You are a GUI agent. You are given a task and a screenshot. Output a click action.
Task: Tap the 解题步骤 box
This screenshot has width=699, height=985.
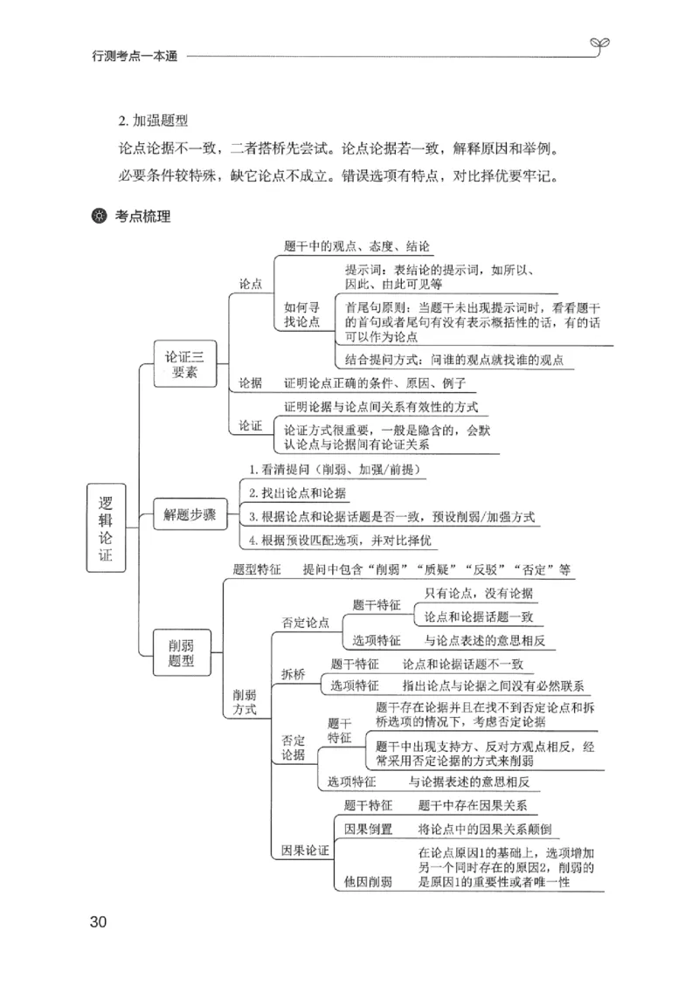click(190, 513)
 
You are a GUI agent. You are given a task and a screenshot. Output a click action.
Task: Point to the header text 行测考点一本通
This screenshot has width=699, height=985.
click(135, 56)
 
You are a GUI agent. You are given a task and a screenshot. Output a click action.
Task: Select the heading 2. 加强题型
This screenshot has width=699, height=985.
click(153, 121)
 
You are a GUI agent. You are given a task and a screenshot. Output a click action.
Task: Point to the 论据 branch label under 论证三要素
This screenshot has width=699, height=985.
click(251, 384)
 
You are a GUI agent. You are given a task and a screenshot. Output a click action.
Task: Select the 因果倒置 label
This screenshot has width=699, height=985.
click(368, 829)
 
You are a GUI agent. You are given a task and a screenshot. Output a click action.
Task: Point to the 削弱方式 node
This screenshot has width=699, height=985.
click(245, 702)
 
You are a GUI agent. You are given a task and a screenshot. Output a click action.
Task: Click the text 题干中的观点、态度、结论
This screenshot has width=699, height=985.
click(357, 247)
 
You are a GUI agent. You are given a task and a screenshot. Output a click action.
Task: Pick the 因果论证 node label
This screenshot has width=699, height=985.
click(304, 850)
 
